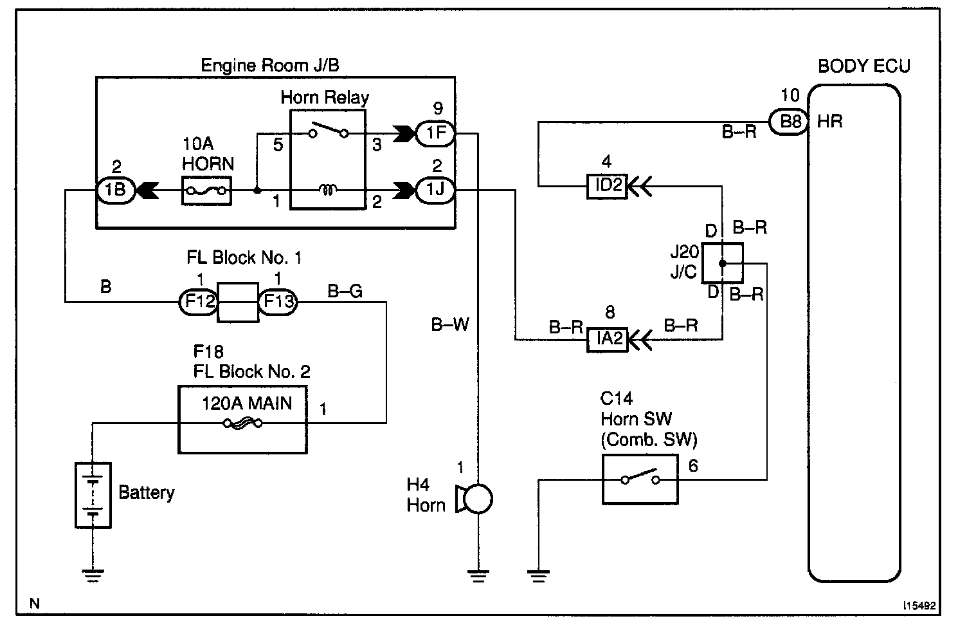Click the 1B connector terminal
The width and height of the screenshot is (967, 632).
116,191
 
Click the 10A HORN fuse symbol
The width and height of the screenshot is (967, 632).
206,191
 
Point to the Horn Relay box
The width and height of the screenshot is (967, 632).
328,159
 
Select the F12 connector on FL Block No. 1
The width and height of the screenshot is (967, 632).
199,301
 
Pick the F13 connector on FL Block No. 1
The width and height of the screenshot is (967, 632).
278,301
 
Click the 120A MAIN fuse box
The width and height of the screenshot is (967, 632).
242,420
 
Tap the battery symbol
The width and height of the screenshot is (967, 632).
93,495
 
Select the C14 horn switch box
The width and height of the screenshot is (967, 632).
640,479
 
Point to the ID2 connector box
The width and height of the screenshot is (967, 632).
607,186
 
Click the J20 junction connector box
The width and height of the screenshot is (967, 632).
722,263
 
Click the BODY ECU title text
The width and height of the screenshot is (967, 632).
863,66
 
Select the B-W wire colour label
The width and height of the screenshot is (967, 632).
450,325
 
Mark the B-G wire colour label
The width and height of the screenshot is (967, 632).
345,291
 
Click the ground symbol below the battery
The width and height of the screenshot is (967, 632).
93,575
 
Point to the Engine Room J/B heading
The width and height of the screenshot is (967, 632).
270,65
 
